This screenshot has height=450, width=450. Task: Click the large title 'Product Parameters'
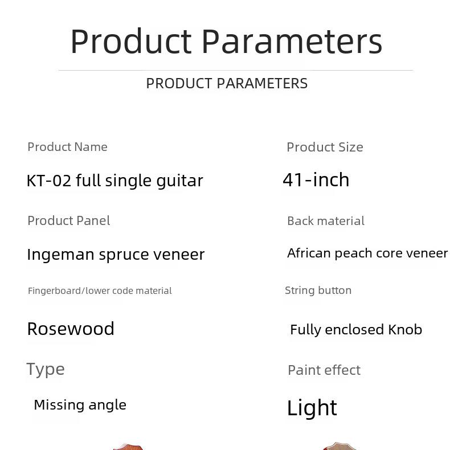[x=227, y=42]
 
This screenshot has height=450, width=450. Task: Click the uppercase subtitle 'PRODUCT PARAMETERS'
[x=227, y=84]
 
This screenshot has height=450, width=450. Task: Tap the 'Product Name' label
[x=67, y=147]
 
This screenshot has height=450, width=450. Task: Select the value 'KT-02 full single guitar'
[x=115, y=181]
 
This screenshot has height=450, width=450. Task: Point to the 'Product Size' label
[x=325, y=147]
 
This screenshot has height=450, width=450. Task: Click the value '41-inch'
[x=316, y=179]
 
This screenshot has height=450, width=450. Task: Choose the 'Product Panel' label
[x=69, y=220]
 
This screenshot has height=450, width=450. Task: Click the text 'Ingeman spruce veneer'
[x=116, y=255]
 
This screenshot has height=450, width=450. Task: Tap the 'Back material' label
[x=326, y=221]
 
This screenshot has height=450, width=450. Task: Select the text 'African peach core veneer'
[x=367, y=253]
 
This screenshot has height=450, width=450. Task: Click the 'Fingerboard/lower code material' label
[x=100, y=291]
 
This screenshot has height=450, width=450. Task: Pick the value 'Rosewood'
[x=71, y=329]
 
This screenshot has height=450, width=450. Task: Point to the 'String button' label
[x=318, y=291]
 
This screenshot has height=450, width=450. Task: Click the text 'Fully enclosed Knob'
[x=356, y=330]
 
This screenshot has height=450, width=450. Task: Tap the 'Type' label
[x=46, y=369]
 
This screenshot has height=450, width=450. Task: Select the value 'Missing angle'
[x=80, y=405]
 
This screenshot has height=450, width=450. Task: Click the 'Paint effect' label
[x=324, y=370]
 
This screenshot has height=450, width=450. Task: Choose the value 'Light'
[x=312, y=408]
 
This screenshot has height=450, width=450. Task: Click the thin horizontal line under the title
[x=236, y=70]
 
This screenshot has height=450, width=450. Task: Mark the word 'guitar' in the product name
[x=179, y=181]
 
